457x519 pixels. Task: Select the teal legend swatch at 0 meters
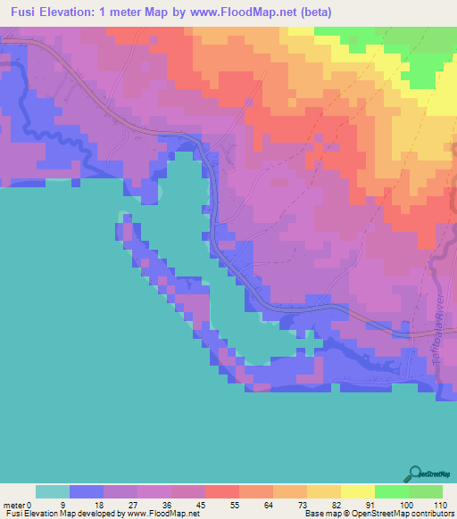click(x=53, y=491)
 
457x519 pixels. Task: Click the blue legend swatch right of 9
click(x=87, y=491)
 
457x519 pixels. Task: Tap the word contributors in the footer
click(x=432, y=515)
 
